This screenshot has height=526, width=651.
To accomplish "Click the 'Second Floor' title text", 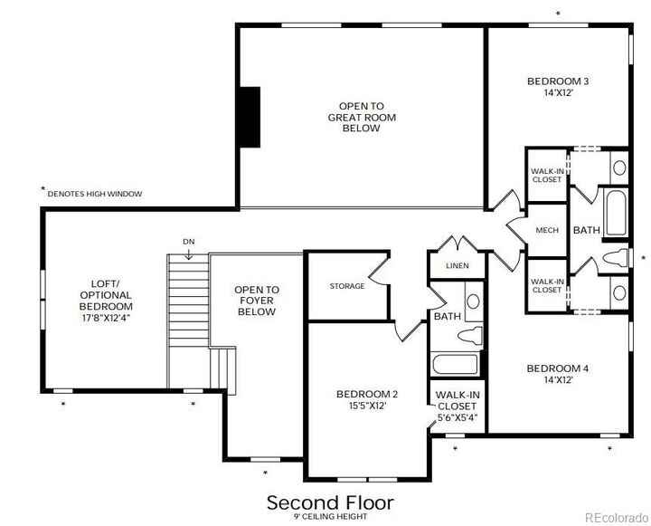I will point(330,502).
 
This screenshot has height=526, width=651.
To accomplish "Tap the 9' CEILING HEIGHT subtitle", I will point(329,516).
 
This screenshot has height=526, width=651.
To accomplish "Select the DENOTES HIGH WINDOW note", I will point(94,193).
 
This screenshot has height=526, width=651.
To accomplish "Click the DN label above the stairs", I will point(188,242).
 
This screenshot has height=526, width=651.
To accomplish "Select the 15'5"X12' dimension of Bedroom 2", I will point(367,406).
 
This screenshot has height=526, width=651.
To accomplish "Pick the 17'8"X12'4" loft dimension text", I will point(106,318).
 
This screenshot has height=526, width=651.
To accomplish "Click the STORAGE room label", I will point(347,286).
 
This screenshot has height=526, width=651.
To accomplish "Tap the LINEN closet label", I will point(458,266).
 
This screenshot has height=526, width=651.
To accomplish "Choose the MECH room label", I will point(547,230).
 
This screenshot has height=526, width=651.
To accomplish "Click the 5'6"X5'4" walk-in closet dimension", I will point(457,418).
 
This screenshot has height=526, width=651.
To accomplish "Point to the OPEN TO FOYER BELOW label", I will point(256,301).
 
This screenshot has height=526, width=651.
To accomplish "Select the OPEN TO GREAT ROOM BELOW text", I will point(361,117).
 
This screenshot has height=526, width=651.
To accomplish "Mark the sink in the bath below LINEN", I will point(472,303).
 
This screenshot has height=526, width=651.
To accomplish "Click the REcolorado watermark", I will point(616,517).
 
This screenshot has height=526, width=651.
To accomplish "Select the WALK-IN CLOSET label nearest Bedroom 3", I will point(546,174).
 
